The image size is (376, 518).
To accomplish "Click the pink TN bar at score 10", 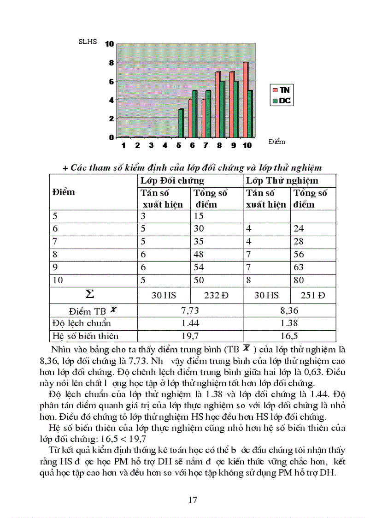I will pyautogui.click(x=246, y=100).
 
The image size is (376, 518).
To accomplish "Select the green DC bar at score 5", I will pyautogui.click(x=181, y=123).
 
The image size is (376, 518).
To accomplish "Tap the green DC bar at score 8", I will pyautogui.click(x=223, y=109).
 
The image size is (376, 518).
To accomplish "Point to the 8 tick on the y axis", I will pyautogui.click(x=111, y=63).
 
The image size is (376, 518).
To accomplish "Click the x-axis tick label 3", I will pyautogui.click(x=151, y=145).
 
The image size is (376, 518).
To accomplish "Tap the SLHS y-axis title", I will pyautogui.click(x=88, y=42).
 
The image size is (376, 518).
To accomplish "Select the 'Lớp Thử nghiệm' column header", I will pyautogui.click(x=282, y=180).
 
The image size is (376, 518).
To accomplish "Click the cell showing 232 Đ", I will pyautogui.click(x=216, y=295).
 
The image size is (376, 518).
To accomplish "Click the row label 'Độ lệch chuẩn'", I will pyautogui.click(x=82, y=323).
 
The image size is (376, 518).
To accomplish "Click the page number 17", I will pyautogui.click(x=194, y=500).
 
